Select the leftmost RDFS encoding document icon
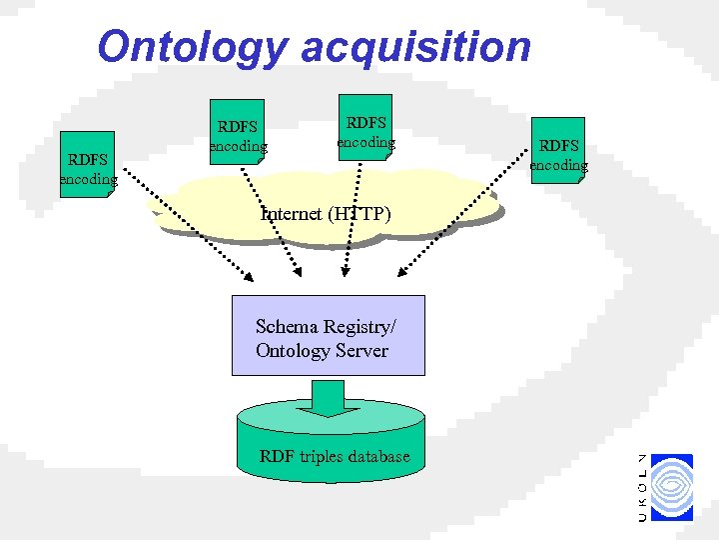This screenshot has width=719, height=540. click(87, 164)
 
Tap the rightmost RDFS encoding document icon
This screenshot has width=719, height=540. click(558, 150)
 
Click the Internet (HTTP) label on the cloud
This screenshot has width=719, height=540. click(326, 213)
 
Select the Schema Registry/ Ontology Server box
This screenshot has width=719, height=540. click(328, 335)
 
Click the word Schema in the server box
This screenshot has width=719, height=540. click(286, 326)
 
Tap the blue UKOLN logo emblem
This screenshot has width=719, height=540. click(671, 486)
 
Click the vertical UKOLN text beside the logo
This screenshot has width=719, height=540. click(642, 487)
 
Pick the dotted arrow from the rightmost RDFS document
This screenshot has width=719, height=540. click(449, 225)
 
